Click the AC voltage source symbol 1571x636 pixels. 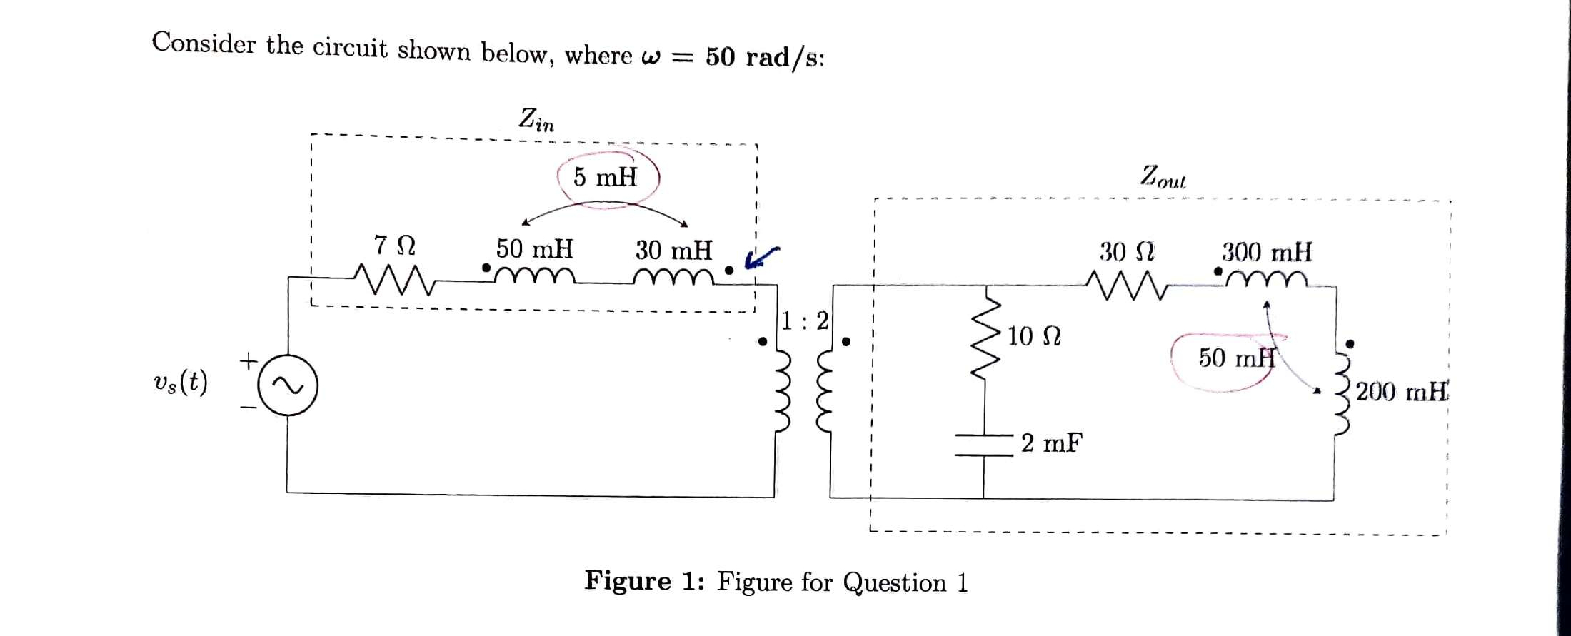pos(287,385)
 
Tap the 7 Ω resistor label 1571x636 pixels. pos(394,246)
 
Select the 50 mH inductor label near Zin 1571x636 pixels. pos(534,249)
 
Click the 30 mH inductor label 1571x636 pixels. pos(673,250)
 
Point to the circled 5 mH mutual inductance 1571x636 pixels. pos(605,177)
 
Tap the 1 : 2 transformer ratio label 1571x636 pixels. pos(805,321)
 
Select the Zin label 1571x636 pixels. pos(536,119)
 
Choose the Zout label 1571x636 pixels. pos(1163,176)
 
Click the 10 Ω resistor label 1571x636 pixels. pos(1034,335)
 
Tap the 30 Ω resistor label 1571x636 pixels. pos(1127,252)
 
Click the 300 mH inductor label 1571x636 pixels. pos(1266,252)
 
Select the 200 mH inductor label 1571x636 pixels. pos(1402,392)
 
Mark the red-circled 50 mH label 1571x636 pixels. pos(1236,358)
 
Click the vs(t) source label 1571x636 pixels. pos(180,383)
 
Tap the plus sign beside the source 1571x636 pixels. pos(248,360)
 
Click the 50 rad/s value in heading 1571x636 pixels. pos(765,56)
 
